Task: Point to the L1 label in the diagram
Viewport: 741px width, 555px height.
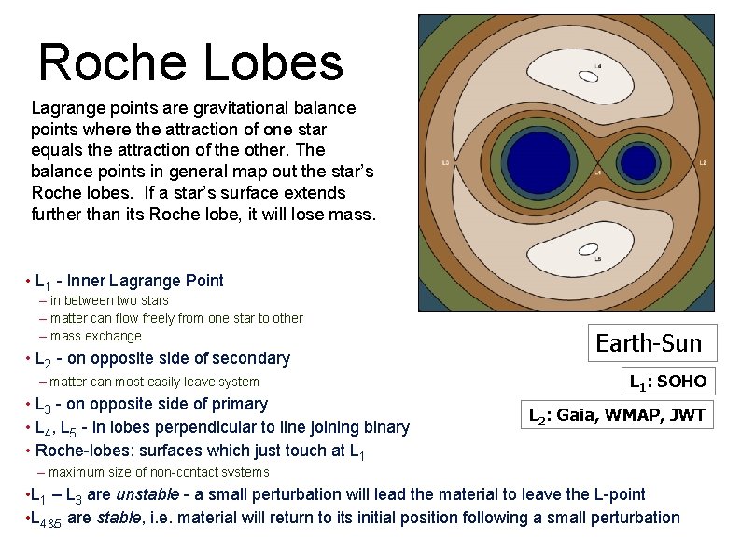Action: click(597, 173)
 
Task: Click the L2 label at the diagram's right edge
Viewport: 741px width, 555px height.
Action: click(703, 163)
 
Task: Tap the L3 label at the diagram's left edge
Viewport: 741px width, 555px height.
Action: click(445, 163)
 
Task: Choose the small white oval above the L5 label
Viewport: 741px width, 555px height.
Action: click(588, 249)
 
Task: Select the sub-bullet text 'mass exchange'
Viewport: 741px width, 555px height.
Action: click(95, 336)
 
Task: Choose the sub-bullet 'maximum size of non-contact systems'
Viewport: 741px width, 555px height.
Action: click(159, 473)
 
